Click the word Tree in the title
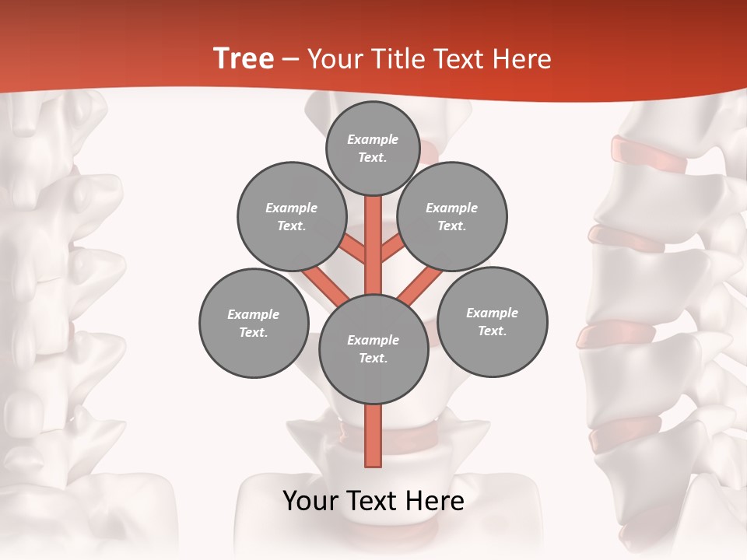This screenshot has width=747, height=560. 244,59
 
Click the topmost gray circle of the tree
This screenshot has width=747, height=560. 373,148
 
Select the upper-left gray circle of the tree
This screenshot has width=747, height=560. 291,216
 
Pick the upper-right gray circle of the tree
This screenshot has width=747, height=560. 451,216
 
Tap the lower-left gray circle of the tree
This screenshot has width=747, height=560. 254,323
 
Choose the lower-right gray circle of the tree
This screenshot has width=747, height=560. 492,321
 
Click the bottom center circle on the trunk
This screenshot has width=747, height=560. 373,348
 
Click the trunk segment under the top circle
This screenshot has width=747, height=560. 373,233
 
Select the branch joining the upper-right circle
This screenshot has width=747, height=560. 391,248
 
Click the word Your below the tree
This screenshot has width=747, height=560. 310,501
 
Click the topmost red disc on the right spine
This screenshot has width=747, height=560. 649,154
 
